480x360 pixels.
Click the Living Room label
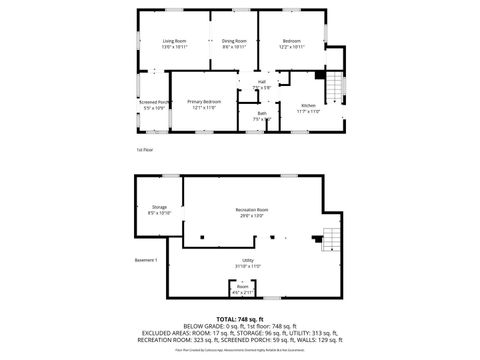[175, 41]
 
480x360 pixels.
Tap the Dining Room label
[234, 41]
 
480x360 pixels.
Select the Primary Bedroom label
[205, 102]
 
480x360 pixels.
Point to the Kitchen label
[307, 106]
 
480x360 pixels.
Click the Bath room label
[261, 113]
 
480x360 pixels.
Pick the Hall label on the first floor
[262, 82]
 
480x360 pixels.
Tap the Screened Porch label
[154, 102]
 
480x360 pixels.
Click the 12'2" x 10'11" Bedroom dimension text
[292, 47]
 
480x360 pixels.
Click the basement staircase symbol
[329, 241]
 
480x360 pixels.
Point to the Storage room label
[159, 207]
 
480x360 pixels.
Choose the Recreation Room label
[251, 209]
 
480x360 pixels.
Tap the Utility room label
[247, 260]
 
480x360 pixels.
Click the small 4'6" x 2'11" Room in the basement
[243, 289]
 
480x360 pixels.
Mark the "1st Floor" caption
[144, 150]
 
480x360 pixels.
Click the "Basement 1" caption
[147, 260]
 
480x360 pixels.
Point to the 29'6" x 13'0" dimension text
[251, 215]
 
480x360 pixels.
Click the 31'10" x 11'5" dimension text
[247, 266]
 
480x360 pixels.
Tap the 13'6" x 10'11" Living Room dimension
[175, 47]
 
